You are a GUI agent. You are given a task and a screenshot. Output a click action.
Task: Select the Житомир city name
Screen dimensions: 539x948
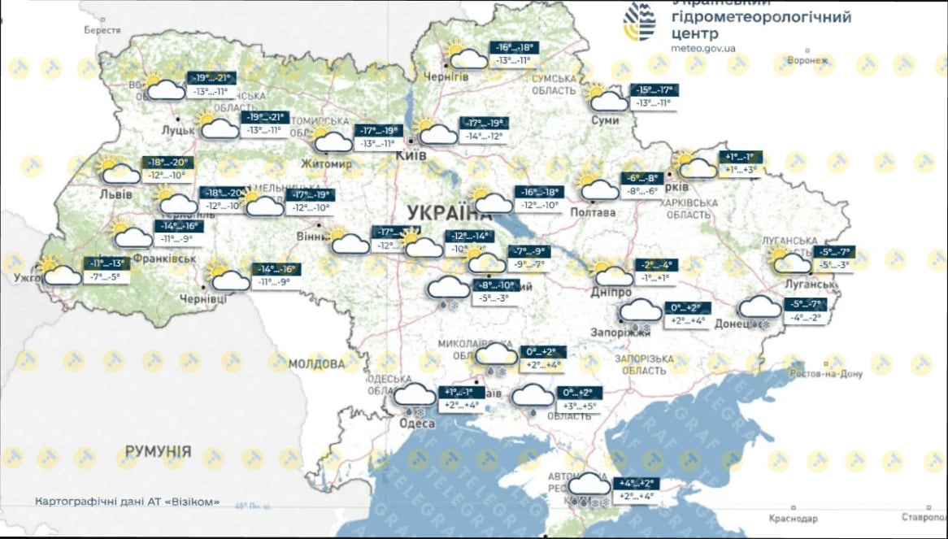click(326, 164)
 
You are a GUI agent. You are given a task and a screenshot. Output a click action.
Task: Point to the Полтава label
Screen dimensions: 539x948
click(594, 213)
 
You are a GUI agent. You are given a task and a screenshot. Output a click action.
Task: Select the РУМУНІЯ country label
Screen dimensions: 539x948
click(158, 451)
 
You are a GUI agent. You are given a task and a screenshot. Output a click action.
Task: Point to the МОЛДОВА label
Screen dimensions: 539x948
click(316, 363)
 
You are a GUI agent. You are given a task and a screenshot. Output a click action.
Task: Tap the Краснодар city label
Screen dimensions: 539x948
click(792, 518)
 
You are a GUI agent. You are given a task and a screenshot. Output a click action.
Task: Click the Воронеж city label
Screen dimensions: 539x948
click(812, 60)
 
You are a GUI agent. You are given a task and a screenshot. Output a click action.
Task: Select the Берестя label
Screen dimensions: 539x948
click(102, 30)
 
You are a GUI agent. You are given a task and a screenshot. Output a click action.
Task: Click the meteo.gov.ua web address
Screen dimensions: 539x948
click(704, 48)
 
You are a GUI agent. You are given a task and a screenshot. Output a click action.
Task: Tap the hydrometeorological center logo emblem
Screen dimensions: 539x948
click(640, 20)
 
